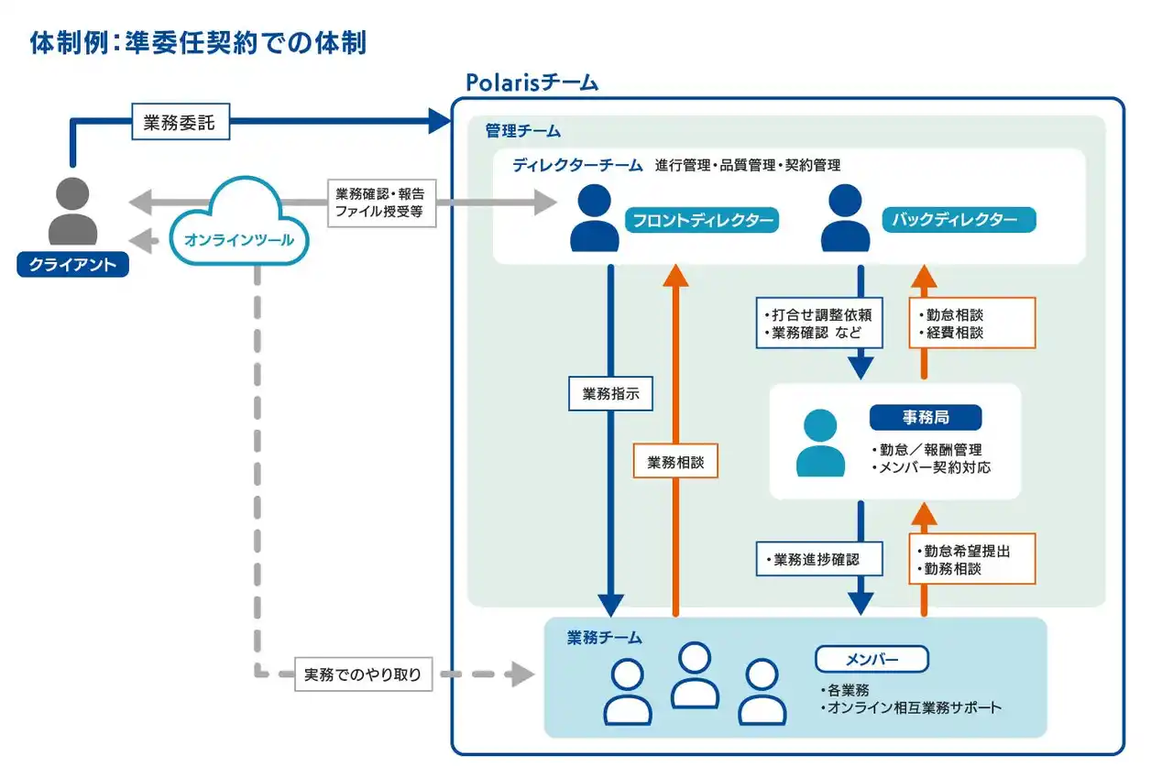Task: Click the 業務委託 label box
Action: (180, 121)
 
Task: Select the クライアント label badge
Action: (73, 264)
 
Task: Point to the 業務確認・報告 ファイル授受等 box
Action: (379, 203)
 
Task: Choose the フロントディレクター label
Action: (702, 220)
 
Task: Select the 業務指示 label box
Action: (610, 394)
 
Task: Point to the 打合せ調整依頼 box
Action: (819, 323)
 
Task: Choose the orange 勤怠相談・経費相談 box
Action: (972, 323)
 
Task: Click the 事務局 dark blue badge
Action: (926, 418)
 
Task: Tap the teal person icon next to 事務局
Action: (820, 443)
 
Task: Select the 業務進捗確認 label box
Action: (819, 558)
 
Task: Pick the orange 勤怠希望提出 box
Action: (972, 558)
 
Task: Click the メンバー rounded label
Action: (872, 659)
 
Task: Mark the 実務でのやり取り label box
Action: (363, 675)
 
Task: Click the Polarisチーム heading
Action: (532, 82)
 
